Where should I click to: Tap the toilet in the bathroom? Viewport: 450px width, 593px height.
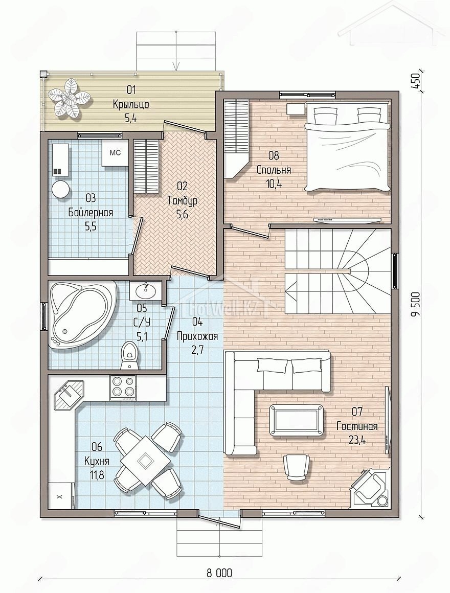click(129, 355)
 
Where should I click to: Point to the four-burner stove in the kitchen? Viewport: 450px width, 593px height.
click(123, 387)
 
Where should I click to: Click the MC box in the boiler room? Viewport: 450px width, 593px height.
click(115, 153)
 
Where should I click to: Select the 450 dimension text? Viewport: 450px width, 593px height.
click(415, 80)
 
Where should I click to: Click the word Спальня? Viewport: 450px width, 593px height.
click(274, 170)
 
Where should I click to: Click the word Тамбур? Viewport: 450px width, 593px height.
click(183, 200)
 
